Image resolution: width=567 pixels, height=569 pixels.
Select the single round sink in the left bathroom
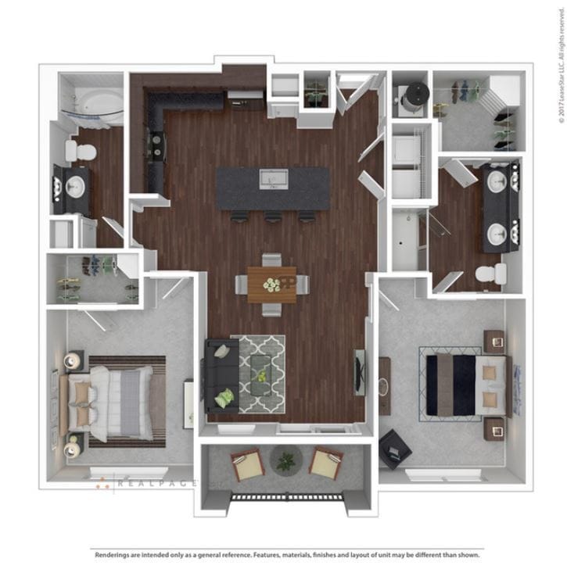75,186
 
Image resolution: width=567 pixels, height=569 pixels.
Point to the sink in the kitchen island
274,179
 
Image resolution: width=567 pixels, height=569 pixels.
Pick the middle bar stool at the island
273,217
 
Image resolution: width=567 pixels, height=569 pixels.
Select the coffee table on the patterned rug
261,374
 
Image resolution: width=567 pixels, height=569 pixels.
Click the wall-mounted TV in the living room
359,372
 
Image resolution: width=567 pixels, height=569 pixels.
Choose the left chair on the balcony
247,464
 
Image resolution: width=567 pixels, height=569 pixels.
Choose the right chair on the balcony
325,463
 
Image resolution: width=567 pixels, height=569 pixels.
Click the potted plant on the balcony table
286,461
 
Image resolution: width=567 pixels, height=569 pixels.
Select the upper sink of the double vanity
497,181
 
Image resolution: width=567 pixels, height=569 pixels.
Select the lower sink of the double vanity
497,233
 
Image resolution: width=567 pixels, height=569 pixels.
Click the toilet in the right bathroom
490,274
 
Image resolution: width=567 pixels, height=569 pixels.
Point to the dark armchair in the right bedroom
396,449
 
